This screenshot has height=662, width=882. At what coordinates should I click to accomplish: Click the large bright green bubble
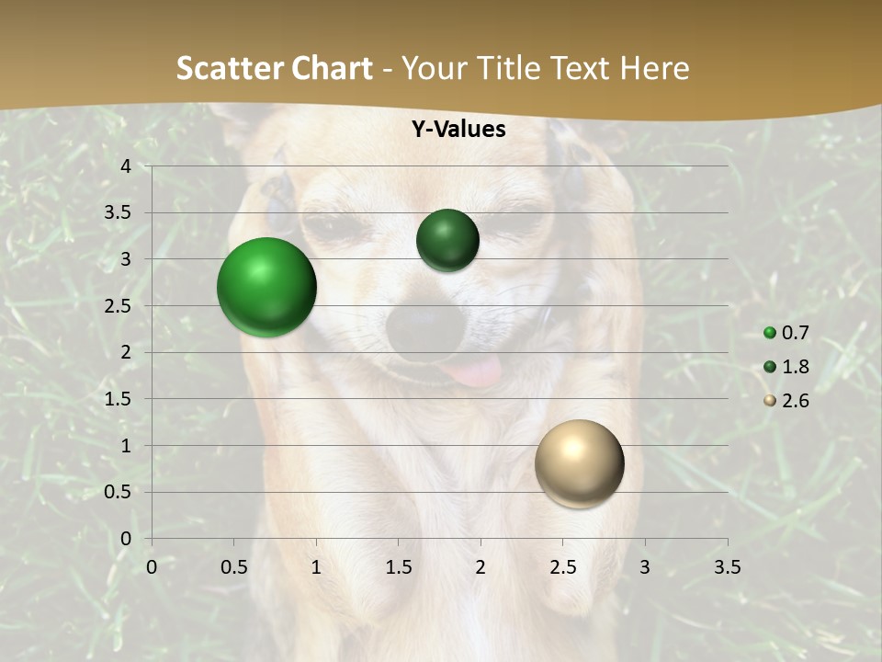[x=266, y=287]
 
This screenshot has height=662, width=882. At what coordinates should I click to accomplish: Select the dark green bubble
[x=447, y=240]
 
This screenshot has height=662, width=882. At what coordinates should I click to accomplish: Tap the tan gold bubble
[x=579, y=463]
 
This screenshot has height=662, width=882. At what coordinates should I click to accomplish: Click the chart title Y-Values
[x=458, y=130]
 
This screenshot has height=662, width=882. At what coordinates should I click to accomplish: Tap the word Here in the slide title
[x=654, y=68]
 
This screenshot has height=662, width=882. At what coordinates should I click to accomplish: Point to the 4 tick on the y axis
[x=125, y=165]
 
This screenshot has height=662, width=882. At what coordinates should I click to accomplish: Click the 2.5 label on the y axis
[x=118, y=305]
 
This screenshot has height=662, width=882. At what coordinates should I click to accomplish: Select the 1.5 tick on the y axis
[x=118, y=399]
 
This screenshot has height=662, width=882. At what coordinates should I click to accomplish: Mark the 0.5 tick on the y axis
[x=118, y=492]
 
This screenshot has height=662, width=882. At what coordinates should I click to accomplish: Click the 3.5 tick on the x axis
[x=727, y=567]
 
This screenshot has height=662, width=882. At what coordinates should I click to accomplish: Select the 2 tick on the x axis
[x=481, y=567]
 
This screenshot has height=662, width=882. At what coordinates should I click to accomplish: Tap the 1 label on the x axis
[x=316, y=567]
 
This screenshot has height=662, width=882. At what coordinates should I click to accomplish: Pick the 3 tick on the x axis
[x=645, y=567]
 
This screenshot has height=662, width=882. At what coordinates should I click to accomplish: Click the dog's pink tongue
[x=474, y=371]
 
